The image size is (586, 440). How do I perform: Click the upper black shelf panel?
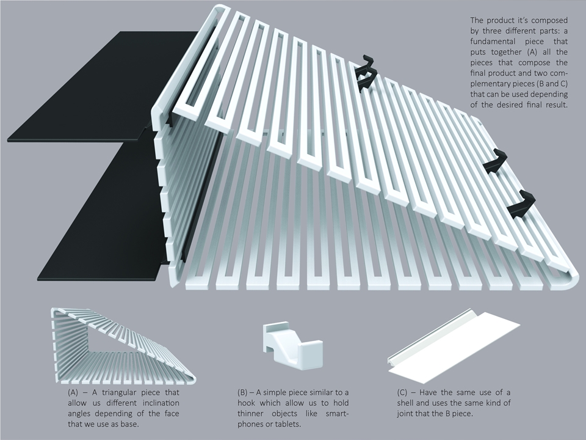[101, 86]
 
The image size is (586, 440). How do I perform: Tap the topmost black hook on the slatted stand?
[365, 73]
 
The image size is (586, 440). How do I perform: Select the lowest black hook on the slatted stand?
[521, 204]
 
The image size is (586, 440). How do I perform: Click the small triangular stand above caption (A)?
[123, 345]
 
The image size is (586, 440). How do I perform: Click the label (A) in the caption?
[73, 392]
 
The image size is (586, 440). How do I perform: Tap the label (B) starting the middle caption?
[242, 392]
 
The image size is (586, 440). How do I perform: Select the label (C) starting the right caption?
[402, 392]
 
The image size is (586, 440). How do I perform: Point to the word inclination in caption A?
[161, 403]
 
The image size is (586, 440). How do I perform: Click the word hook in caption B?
[246, 403]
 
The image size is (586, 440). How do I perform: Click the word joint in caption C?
[406, 414]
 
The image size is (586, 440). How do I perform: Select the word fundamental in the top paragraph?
[493, 41]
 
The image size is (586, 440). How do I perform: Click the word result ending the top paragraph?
[557, 105]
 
